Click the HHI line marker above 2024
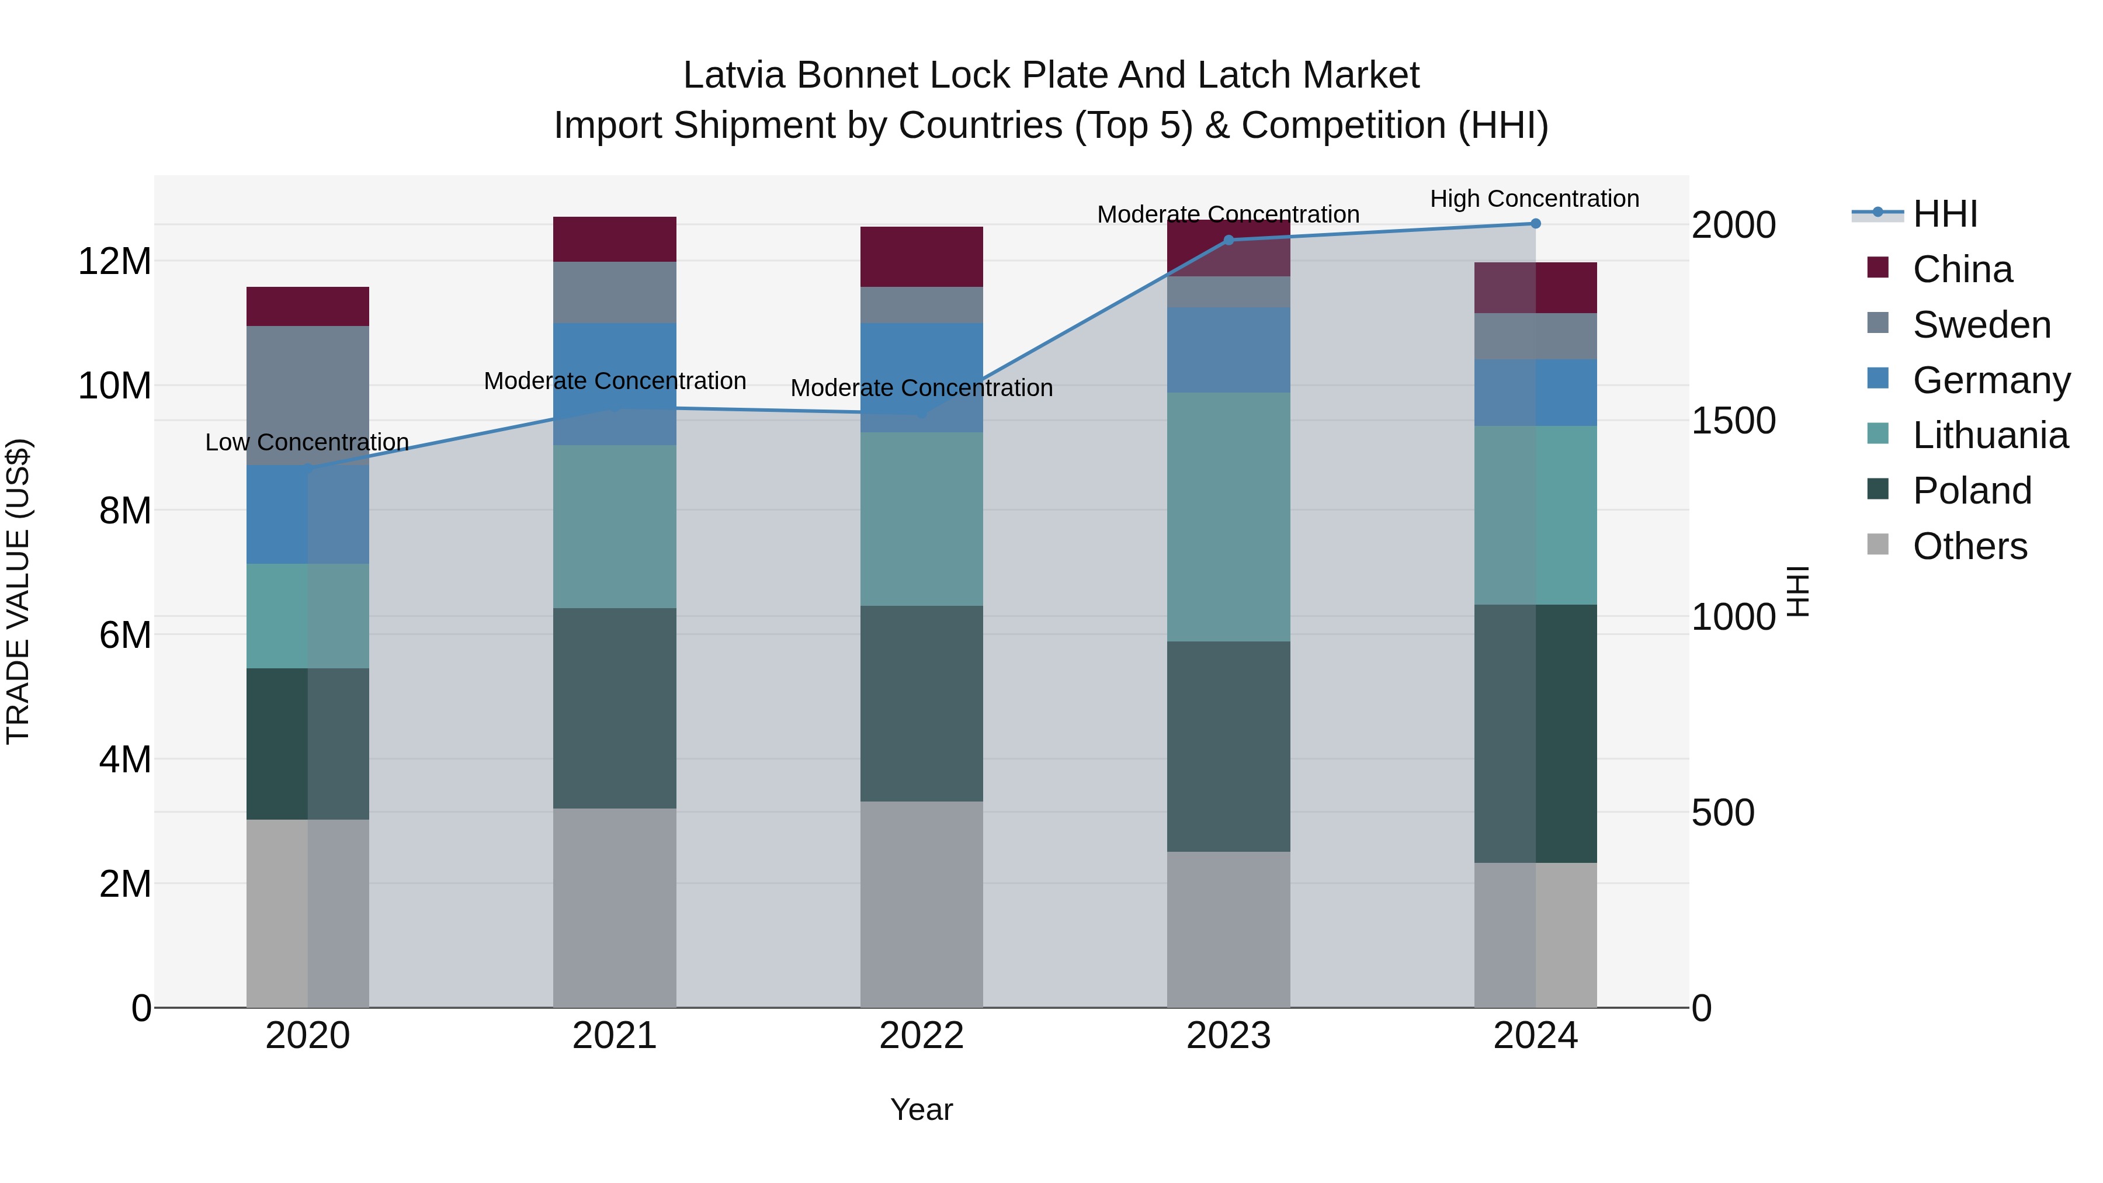(x=1535, y=224)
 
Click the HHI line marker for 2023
(x=1229, y=240)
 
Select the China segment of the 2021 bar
(x=615, y=239)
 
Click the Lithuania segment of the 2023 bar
(x=1229, y=517)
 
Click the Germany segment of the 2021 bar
(x=615, y=384)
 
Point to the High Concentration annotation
(x=1534, y=199)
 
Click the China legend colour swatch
(x=1878, y=268)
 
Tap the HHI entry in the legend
(x=1945, y=214)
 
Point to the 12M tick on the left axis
(x=114, y=261)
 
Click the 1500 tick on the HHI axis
(x=1733, y=421)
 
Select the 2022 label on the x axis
(x=922, y=1036)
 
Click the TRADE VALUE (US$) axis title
(x=18, y=591)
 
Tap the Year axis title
(x=922, y=1109)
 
